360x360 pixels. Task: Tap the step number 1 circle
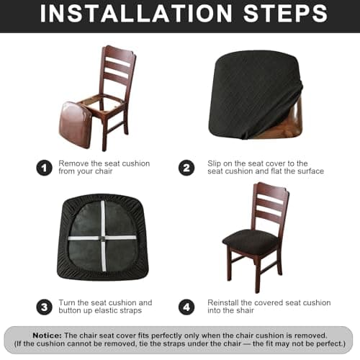[x=45, y=168]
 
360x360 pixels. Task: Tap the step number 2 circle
[x=186, y=168]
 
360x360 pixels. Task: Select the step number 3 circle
[x=45, y=307]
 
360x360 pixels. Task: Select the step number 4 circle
[x=186, y=307]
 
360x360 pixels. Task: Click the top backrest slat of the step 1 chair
[x=118, y=58]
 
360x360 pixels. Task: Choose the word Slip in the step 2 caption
[x=216, y=163]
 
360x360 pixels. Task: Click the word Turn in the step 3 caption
[x=68, y=303]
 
